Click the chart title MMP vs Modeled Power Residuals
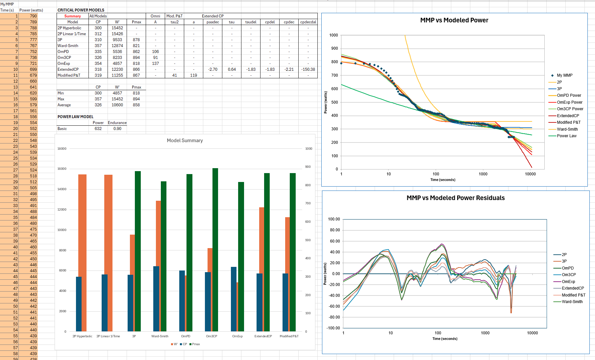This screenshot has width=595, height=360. pyautogui.click(x=456, y=198)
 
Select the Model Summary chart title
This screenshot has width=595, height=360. pyautogui.click(x=185, y=141)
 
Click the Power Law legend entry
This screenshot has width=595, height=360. pyautogui.click(x=566, y=136)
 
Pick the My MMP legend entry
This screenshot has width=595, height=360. pyautogui.click(x=564, y=75)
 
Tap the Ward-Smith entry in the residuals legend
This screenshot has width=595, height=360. pyautogui.click(x=572, y=302)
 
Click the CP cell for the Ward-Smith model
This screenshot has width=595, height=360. pyautogui.click(x=98, y=46)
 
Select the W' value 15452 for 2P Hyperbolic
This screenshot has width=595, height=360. pyautogui.click(x=117, y=28)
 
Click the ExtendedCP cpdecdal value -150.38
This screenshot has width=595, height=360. pyautogui.click(x=308, y=69)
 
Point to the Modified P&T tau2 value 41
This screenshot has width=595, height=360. pyautogui.click(x=174, y=75)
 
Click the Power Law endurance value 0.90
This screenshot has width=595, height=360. pyautogui.click(x=117, y=129)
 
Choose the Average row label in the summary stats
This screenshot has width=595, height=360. pyautogui.click(x=64, y=105)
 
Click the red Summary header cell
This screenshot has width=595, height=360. pyautogui.click(x=72, y=16)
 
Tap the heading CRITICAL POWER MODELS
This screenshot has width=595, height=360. pyautogui.click(x=81, y=10)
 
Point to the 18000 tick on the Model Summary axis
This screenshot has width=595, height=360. pyautogui.click(x=62, y=149)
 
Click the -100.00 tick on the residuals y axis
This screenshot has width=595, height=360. pyautogui.click(x=333, y=328)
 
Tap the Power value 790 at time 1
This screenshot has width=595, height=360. pyautogui.click(x=33, y=16)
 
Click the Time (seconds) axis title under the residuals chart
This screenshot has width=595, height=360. pyautogui.click(x=445, y=339)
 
